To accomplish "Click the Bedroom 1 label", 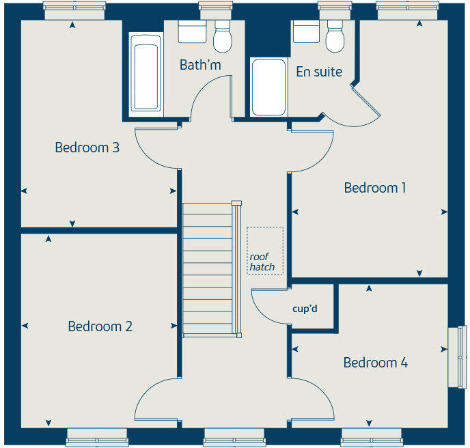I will pyautogui.click(x=375, y=188).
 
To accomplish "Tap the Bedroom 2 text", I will pyautogui.click(x=100, y=326).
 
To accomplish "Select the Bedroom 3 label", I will pyautogui.click(x=87, y=148).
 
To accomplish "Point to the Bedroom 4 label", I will pyautogui.click(x=375, y=363).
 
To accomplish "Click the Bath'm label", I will pyautogui.click(x=200, y=65).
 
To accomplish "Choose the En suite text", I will pyautogui.click(x=319, y=72).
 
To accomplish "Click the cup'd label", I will pyautogui.click(x=305, y=309).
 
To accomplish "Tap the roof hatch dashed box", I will pyautogui.click(x=265, y=251).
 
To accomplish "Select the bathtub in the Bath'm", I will pyautogui.click(x=146, y=76).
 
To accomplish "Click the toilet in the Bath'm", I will pyautogui.click(x=223, y=38).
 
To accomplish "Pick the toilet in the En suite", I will pyautogui.click(x=335, y=38).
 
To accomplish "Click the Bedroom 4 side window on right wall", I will pyautogui.click(x=454, y=357).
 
